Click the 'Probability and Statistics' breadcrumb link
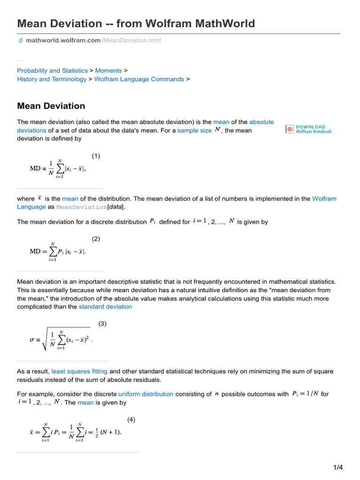pos(52,70)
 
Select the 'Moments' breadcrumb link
pos(108,70)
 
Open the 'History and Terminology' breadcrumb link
pos(52,79)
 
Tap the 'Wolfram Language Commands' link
pos(139,79)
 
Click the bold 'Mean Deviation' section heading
pos(51,106)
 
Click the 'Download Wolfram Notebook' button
pos(308,129)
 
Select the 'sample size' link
pos(195,130)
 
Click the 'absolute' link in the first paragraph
pos(262,122)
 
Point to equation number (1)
pos(96,156)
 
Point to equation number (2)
pos(96,239)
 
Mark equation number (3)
pos(102,323)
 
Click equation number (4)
pos(131,420)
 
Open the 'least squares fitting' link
pos(79,371)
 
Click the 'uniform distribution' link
pos(146,394)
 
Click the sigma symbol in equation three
pos(32,341)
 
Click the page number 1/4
pos(338,467)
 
